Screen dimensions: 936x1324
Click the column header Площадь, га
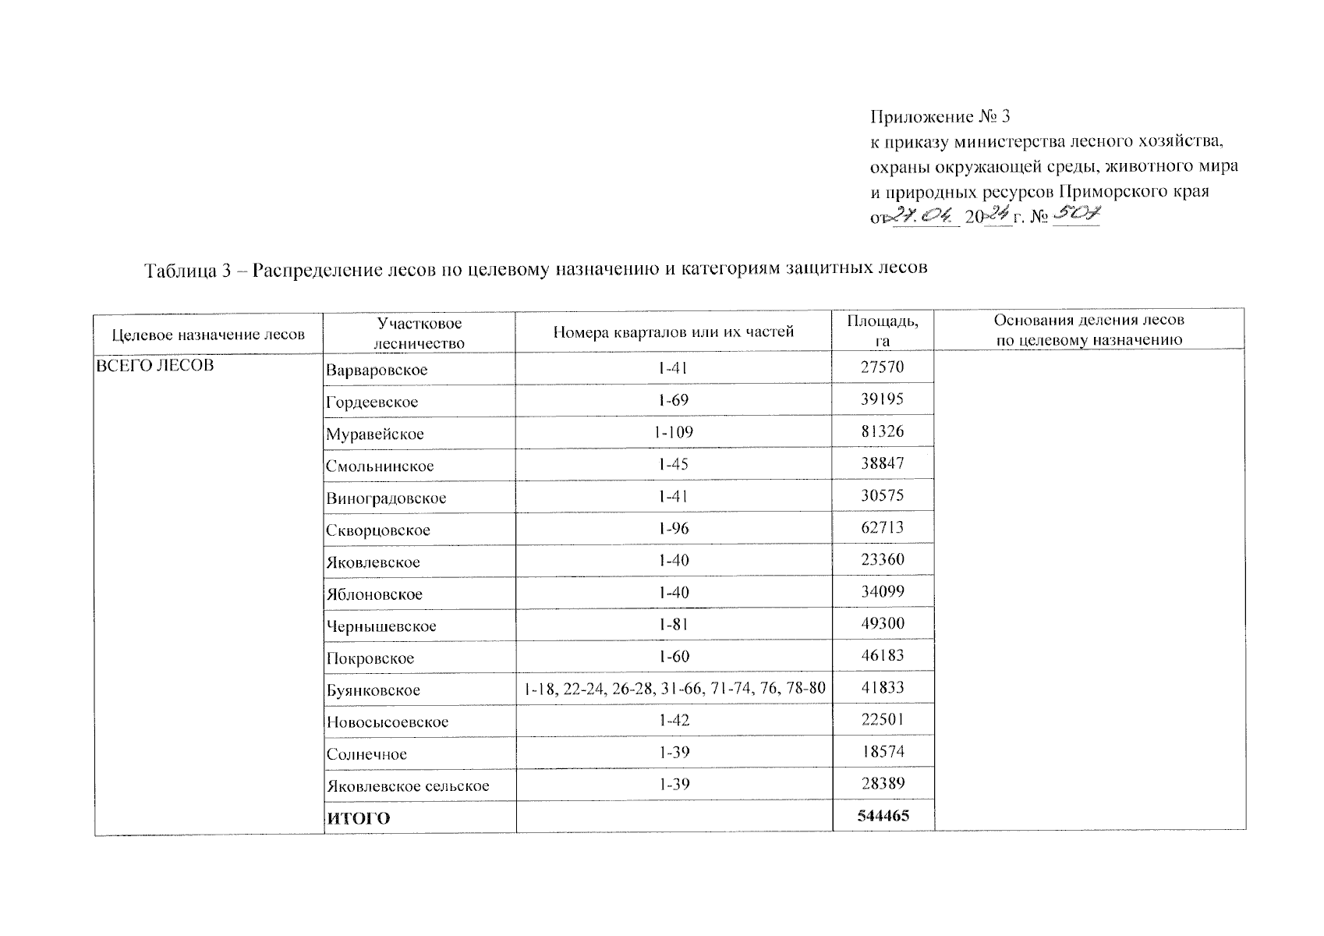click(883, 330)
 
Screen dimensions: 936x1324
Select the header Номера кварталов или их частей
click(673, 331)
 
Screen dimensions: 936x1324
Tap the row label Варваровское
click(377, 370)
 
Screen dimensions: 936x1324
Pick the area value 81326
click(883, 431)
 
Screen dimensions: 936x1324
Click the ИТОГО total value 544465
click(883, 816)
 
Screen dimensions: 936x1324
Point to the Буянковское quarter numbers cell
click(674, 689)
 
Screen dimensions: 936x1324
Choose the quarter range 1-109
click(674, 432)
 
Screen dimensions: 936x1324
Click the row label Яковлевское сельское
click(408, 785)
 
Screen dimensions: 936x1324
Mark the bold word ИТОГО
click(358, 818)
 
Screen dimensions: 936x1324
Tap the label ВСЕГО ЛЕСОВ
click(154, 365)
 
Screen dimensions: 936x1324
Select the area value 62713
click(883, 528)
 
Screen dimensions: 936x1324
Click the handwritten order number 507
click(1076, 214)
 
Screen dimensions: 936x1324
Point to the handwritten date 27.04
click(926, 215)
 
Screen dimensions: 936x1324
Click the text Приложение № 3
click(940, 117)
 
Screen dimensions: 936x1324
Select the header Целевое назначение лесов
click(208, 335)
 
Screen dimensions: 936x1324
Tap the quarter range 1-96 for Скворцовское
click(674, 529)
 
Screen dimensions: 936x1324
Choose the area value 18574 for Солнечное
click(883, 753)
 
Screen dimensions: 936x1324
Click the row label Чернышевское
click(381, 626)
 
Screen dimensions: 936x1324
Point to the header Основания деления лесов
click(1089, 321)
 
